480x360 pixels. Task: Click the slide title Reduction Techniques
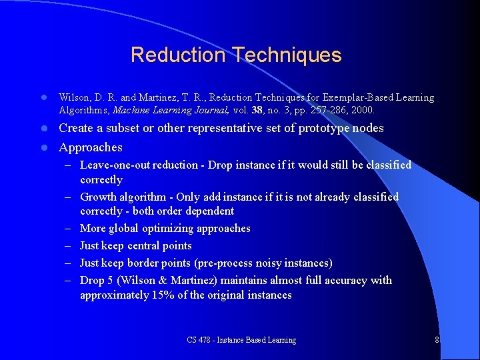(x=236, y=55)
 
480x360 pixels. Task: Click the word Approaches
(x=91, y=147)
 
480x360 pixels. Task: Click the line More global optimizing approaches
(x=165, y=229)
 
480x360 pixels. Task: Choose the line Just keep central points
(x=135, y=246)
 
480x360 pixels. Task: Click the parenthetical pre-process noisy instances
(x=267, y=263)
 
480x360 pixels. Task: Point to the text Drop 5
(x=95, y=281)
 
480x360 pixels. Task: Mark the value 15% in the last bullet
(x=163, y=295)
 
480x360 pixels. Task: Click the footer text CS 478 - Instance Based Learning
(x=241, y=340)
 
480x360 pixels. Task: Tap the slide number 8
(x=436, y=340)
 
